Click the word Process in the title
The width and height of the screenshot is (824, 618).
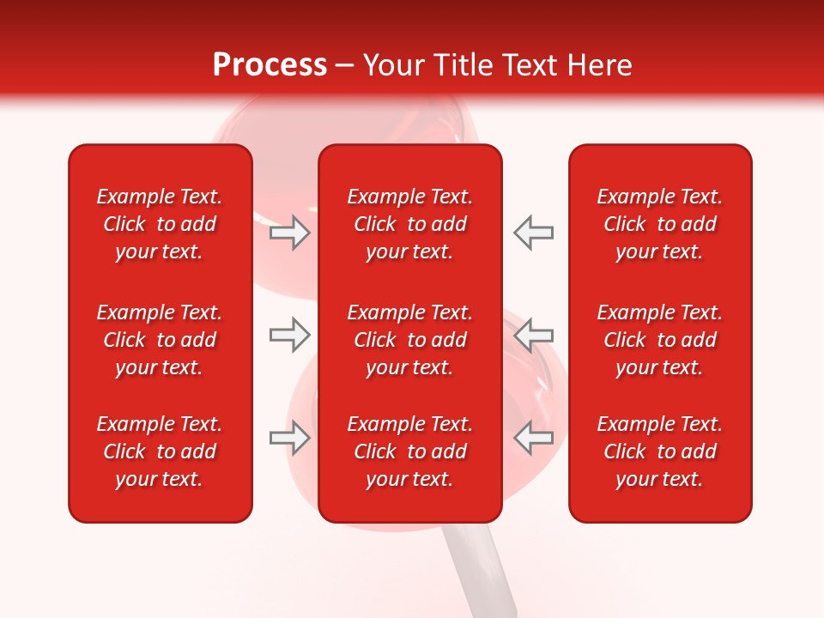pos(270,65)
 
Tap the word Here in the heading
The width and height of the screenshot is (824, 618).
pos(597,65)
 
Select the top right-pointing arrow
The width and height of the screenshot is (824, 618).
pos(289,233)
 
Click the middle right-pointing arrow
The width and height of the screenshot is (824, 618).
pos(289,335)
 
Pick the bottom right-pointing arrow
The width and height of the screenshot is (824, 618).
pos(289,438)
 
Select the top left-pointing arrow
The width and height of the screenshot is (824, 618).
pos(533,233)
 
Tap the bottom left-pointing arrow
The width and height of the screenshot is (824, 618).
pos(533,438)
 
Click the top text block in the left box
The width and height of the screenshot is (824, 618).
pos(160,224)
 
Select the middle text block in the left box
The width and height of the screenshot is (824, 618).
pos(160,340)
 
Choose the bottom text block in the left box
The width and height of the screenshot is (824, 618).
pos(160,451)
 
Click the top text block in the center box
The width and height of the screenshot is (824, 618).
pos(409,224)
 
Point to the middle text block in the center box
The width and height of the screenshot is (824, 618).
pos(409,340)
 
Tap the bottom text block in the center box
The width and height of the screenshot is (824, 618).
pos(409,451)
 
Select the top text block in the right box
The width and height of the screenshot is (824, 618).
pos(659,224)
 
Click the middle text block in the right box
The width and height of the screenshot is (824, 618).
pos(659,340)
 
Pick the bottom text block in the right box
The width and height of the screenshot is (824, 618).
pos(659,451)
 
